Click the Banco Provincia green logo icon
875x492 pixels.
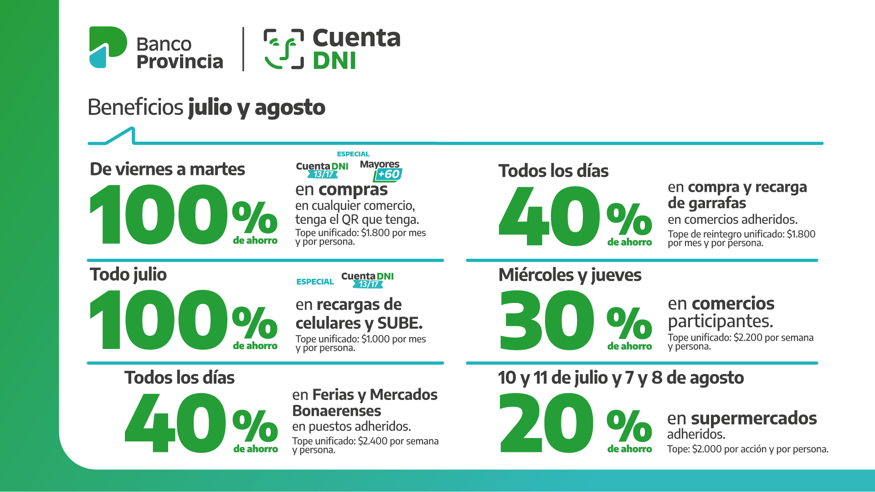(108, 47)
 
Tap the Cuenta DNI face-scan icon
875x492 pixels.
(283, 49)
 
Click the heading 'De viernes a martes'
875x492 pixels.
(167, 169)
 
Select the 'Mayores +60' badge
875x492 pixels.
(381, 170)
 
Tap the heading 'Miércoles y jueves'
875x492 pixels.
(570, 275)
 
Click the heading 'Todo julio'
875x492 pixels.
(128, 274)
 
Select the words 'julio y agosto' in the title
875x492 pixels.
(257, 108)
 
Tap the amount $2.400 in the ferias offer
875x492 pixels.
(372, 441)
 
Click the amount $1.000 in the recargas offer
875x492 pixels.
(376, 339)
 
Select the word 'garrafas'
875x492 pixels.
(707, 203)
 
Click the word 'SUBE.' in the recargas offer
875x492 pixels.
(400, 323)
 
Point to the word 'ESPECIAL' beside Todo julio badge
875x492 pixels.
(315, 282)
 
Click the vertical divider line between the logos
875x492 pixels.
(243, 49)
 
